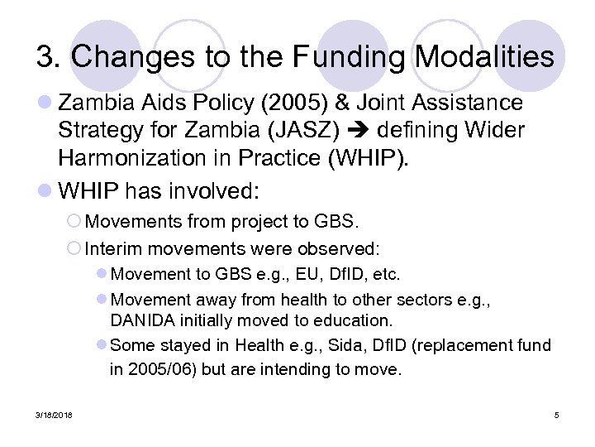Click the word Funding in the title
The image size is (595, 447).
click(346, 57)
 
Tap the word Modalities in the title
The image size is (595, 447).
click(485, 57)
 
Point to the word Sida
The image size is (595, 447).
click(332, 345)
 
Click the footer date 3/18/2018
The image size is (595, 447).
click(54, 414)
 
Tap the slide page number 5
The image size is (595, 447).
click(556, 414)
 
